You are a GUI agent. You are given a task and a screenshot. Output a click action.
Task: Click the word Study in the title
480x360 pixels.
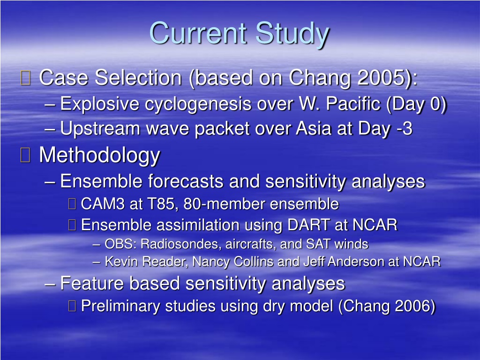pyautogui.click(x=292, y=34)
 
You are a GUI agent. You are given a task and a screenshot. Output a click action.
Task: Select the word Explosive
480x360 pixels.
pyautogui.click(x=99, y=104)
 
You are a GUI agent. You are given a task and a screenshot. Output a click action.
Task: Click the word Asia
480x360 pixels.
pyautogui.click(x=314, y=128)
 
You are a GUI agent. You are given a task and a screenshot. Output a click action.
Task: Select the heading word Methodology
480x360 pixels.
pyautogui.click(x=99, y=155)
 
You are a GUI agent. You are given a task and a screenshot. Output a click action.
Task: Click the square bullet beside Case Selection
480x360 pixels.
pyautogui.click(x=25, y=77)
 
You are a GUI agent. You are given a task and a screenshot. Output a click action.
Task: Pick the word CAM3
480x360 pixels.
pyautogui.click(x=103, y=204)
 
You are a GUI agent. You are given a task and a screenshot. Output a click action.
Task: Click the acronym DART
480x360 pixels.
pyautogui.click(x=309, y=225)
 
